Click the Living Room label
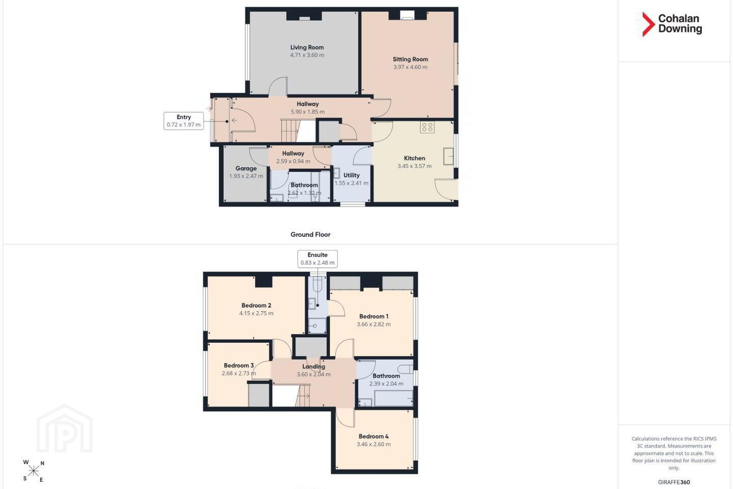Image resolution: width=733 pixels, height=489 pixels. pos(307,47)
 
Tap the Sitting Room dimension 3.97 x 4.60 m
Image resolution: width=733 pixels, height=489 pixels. pos(410,67)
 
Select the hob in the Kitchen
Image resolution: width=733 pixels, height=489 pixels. pos(428,127)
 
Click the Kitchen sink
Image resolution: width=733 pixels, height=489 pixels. pos(448,156)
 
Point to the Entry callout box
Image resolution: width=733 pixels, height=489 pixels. pos(184,121)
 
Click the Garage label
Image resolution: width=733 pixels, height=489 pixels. pos(246,169)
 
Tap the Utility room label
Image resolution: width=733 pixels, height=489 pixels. pos(351,175)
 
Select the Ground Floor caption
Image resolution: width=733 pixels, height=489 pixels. pos(311,234)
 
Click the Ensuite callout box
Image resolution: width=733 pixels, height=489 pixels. pos(318,259)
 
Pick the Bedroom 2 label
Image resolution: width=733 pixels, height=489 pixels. pos(256,305)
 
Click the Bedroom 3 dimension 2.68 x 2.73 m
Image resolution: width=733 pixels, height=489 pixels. pos(239,373)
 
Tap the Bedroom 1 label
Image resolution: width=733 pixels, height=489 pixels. pos(374,316)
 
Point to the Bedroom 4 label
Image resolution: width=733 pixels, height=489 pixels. pos(374,436)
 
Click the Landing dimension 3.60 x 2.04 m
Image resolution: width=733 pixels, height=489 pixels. pos(314,374)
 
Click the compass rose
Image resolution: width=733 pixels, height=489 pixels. pos(34,471)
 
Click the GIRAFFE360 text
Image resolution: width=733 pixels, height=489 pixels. pos(674,482)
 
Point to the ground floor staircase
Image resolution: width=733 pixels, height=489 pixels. pos(290,131)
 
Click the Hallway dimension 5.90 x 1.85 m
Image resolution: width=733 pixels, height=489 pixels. pos(307,112)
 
